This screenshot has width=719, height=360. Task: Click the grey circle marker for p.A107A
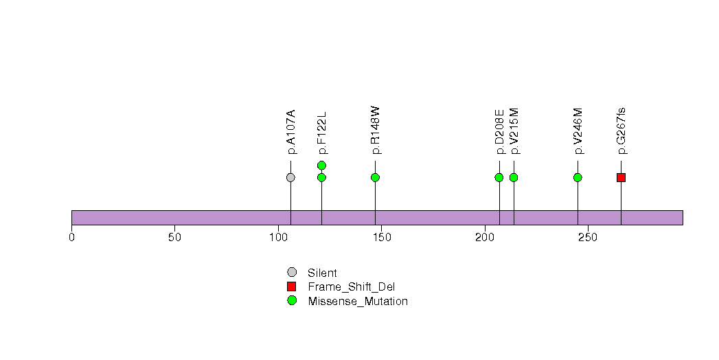coord(290,177)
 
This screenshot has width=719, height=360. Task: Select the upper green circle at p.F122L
coord(321,165)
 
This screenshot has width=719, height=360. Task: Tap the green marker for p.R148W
coord(375,177)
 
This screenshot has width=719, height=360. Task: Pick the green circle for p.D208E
coord(499,177)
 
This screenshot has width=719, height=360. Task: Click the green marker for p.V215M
coord(514,177)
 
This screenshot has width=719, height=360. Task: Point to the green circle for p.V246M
coord(578,177)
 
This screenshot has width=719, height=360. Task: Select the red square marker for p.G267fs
coord(621,177)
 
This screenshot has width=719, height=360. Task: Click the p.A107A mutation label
coord(291,132)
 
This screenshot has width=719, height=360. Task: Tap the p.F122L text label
coord(322,133)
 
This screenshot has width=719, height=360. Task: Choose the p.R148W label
coord(376,131)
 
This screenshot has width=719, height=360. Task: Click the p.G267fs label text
coord(621,131)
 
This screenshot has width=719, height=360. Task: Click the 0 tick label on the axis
coord(71,237)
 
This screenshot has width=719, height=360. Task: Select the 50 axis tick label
coord(174,237)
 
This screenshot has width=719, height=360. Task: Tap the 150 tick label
coord(382,237)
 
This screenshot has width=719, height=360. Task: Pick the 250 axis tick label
coord(588,237)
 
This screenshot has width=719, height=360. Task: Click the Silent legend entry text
coord(322,273)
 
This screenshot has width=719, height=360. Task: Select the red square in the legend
coord(292,286)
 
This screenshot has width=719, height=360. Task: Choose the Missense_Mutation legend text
coord(358,302)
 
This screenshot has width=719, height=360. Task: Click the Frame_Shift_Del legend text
coord(351,287)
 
